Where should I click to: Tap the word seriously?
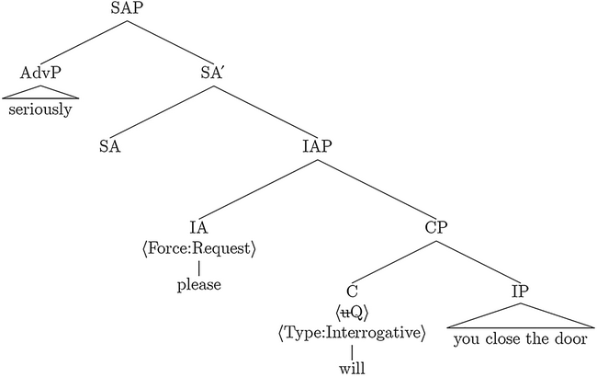click(41, 109)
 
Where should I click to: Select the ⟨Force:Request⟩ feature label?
click(198, 249)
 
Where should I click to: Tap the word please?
click(198, 285)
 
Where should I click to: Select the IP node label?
click(519, 292)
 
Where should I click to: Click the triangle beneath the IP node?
click(519, 317)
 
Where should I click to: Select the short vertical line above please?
click(198, 267)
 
